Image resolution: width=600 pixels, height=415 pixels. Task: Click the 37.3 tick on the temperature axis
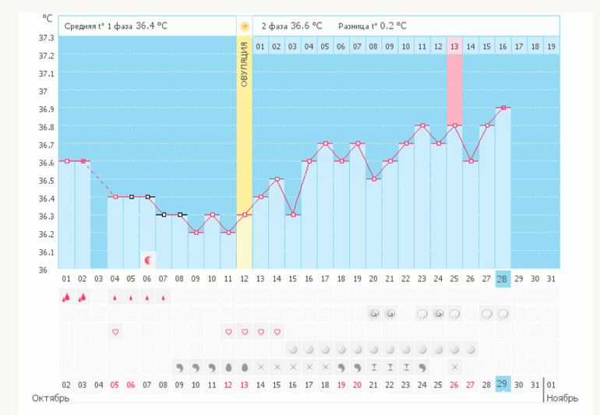click(x=46, y=37)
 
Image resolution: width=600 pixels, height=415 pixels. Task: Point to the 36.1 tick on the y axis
click(x=46, y=252)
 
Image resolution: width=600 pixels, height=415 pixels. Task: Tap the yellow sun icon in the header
click(x=245, y=26)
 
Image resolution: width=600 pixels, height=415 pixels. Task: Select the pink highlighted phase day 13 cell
click(x=454, y=47)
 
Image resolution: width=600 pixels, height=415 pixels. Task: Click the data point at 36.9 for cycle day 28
click(x=503, y=107)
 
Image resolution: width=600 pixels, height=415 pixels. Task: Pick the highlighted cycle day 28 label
click(x=503, y=278)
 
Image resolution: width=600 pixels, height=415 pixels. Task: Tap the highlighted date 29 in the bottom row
click(x=503, y=385)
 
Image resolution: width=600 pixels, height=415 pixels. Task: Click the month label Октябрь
click(x=51, y=398)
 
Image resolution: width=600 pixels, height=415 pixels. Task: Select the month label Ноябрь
click(x=562, y=398)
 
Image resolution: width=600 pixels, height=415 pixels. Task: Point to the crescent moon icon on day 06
click(x=148, y=259)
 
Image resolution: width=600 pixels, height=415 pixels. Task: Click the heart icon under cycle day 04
click(x=115, y=332)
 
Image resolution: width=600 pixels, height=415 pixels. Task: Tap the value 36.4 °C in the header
click(x=152, y=26)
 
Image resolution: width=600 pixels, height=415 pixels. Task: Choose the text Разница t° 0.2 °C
click(x=372, y=26)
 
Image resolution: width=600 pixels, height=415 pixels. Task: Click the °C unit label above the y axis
click(x=48, y=19)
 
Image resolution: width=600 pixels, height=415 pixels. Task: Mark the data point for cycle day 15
click(x=293, y=215)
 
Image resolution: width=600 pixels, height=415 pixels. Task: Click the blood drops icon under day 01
click(x=66, y=297)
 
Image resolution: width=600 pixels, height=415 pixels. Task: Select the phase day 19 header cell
click(x=551, y=47)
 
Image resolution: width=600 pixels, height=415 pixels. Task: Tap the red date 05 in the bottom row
click(x=115, y=385)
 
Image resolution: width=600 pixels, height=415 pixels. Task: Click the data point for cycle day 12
click(x=245, y=215)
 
